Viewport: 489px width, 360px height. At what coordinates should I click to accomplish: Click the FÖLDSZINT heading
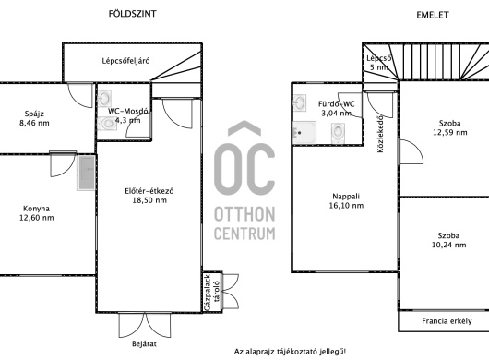pos(132,14)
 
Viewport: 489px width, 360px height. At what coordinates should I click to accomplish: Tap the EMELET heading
pos(433,15)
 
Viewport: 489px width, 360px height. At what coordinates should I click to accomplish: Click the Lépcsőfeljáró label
pos(125,61)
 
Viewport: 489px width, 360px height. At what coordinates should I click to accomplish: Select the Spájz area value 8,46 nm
pos(34,123)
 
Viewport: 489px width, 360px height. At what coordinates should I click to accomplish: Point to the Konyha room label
pos(37,209)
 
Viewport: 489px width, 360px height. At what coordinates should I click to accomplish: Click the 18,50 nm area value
pos(149,200)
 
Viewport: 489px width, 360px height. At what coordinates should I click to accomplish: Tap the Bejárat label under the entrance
pos(144,343)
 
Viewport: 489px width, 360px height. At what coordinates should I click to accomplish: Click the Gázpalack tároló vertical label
pos(212,293)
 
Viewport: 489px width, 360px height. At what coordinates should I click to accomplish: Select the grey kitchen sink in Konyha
pos(86,173)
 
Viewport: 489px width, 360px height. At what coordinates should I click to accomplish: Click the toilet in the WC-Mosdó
pos(107,123)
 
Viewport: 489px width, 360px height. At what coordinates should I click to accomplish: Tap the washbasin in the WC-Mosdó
pos(104,99)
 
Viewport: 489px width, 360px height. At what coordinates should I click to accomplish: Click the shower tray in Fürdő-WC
pos(304,133)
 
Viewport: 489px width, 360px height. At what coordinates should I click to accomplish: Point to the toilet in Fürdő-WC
pos(338,133)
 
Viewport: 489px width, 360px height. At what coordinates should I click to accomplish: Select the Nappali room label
pos(346,197)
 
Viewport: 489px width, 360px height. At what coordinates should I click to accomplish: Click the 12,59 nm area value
pos(450,132)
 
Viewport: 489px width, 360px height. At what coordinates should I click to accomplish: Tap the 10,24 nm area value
pos(448,245)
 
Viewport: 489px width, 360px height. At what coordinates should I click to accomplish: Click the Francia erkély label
pos(447,321)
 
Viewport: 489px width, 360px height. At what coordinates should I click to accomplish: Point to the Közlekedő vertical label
pos(380,134)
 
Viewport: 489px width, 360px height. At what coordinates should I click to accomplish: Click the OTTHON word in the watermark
pos(244,214)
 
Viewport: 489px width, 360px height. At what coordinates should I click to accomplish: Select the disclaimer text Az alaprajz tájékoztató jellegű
pos(290,352)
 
